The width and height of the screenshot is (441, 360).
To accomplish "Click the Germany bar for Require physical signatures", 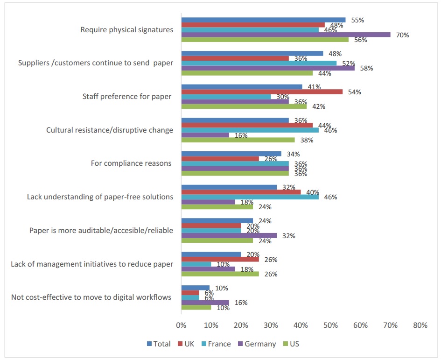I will [286, 35].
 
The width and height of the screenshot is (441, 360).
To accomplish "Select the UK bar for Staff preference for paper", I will [262, 92].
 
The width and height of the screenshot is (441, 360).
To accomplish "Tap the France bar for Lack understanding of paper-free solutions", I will [250, 197].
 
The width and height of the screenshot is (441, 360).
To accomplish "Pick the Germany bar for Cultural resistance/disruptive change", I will [205, 135].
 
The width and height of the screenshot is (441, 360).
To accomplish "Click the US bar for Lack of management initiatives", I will [220, 274].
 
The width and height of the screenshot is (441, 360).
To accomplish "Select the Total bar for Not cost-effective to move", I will [196, 288].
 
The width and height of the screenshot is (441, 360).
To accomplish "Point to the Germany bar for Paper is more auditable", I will [229, 236].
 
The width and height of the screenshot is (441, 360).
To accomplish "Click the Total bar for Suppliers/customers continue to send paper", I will [252, 53].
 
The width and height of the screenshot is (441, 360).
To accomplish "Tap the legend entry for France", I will [216, 344].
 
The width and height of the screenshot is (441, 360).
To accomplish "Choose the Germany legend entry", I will [256, 344].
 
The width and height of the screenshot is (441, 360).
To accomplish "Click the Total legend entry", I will [159, 344].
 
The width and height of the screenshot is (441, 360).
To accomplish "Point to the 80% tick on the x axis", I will [420, 325].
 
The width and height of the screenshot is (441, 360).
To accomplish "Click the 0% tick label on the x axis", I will [181, 325].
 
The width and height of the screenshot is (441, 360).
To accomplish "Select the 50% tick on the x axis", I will [330, 325].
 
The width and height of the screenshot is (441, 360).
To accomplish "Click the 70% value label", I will [402, 35].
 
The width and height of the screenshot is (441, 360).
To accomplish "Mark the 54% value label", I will [354, 92].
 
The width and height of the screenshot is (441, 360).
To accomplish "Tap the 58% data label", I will [366, 68].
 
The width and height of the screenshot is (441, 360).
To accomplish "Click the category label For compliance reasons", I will [132, 163].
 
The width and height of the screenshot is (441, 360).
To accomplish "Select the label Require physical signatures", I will [127, 30].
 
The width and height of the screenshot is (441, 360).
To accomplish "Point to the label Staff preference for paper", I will [127, 97].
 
